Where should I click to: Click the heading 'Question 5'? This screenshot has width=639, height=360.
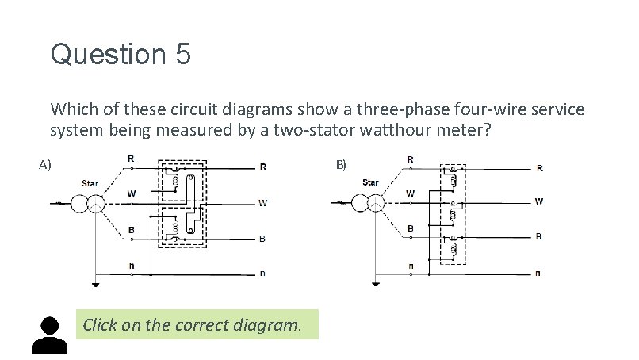(x=121, y=55)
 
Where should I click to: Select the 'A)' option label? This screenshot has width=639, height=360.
(x=45, y=165)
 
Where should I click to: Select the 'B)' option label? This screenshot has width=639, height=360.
(x=341, y=165)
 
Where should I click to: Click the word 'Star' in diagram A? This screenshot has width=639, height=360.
(x=90, y=183)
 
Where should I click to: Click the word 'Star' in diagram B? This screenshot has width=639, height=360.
(x=370, y=182)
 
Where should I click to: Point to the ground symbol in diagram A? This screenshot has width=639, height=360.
(x=95, y=285)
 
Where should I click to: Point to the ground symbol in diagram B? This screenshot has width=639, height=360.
(x=374, y=285)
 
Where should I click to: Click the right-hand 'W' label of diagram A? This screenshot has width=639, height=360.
(x=262, y=203)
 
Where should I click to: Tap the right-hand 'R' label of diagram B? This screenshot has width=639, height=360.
(x=540, y=168)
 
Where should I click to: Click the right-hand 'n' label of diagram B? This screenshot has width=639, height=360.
(x=539, y=274)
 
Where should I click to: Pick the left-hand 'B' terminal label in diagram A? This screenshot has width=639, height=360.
(x=132, y=230)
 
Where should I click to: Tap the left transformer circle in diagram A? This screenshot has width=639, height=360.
(x=80, y=204)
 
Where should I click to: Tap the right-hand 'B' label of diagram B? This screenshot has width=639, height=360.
(x=539, y=236)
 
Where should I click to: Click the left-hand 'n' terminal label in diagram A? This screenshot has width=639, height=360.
(x=132, y=264)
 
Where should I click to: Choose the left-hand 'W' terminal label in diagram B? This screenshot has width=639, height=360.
(x=410, y=193)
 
